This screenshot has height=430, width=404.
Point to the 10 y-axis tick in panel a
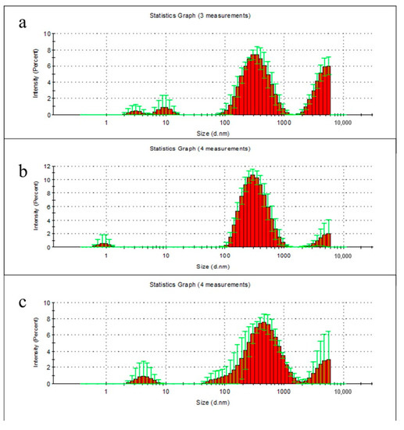point(47,34)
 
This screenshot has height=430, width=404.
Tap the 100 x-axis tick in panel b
point(225,256)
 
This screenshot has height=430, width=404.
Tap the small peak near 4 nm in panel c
point(143,379)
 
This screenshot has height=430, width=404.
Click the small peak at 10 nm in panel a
point(165,109)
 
